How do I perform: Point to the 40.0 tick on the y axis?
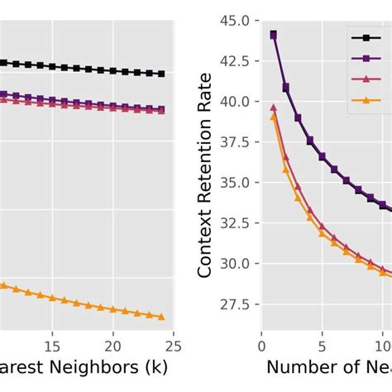click(232, 101)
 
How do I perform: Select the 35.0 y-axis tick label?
click(232, 182)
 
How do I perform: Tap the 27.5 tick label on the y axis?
click(232, 304)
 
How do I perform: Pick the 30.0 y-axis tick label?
click(232, 264)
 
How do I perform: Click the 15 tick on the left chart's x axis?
click(53, 345)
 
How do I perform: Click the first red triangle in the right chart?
click(274, 107)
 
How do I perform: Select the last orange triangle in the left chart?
click(161, 317)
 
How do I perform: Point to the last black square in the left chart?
click(161, 74)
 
